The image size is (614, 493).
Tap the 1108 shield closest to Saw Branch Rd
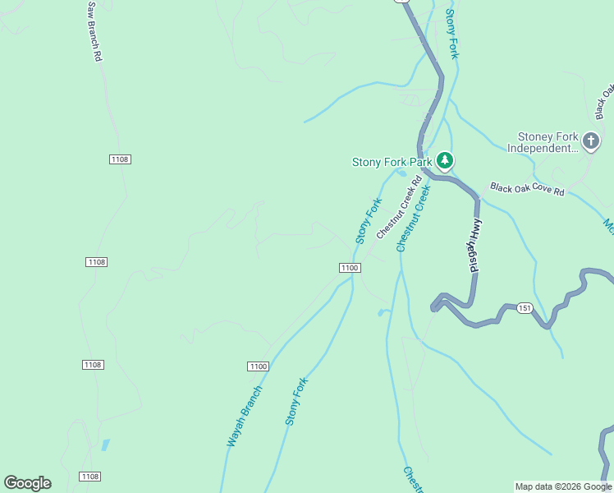pyautogui.click(x=119, y=159)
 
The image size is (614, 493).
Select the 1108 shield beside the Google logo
pyautogui.click(x=90, y=477)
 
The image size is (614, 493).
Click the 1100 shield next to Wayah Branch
pyautogui.click(x=258, y=366)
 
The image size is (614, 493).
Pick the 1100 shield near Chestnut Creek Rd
pyautogui.click(x=350, y=268)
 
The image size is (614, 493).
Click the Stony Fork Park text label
pyautogui.click(x=392, y=162)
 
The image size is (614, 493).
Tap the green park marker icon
pyautogui.click(x=444, y=160)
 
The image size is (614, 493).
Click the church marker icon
pyautogui.click(x=590, y=142)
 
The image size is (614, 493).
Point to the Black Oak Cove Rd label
pyautogui.click(x=527, y=190)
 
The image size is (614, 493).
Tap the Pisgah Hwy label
pyautogui.click(x=472, y=246)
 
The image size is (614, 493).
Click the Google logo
pyautogui.click(x=27, y=483)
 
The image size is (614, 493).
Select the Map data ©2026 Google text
pyautogui.click(x=563, y=486)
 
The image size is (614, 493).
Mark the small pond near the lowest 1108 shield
pyautogui.click(x=104, y=445)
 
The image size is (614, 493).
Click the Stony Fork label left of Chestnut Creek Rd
pyautogui.click(x=369, y=221)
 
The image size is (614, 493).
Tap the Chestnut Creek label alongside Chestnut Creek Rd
pyautogui.click(x=413, y=218)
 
